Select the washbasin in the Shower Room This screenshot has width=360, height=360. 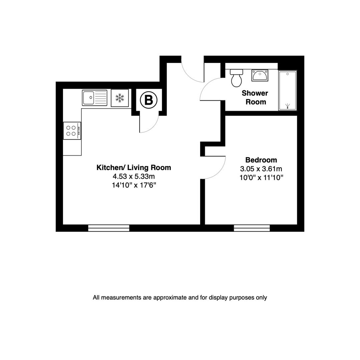pos(260,75)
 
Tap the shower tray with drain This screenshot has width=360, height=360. pos(287,90)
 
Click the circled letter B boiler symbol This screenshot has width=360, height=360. pos(148,100)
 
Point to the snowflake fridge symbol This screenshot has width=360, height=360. pos(119,98)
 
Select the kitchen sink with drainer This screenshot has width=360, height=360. pos(94,98)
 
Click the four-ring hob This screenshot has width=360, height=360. pos(72,131)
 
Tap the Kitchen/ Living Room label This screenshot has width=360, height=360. pos(133,168)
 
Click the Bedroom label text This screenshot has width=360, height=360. pos(261,160)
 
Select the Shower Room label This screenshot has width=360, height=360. pos(255,97)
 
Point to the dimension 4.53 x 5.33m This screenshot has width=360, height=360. pos(133,176)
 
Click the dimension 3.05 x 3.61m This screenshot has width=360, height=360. pos(261,169)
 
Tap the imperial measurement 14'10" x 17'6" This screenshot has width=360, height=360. pos(134,185)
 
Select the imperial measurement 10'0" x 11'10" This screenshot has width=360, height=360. pos(261,177)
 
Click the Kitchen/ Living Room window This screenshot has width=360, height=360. pos(108,228)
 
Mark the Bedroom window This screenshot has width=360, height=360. pos(252,228)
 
